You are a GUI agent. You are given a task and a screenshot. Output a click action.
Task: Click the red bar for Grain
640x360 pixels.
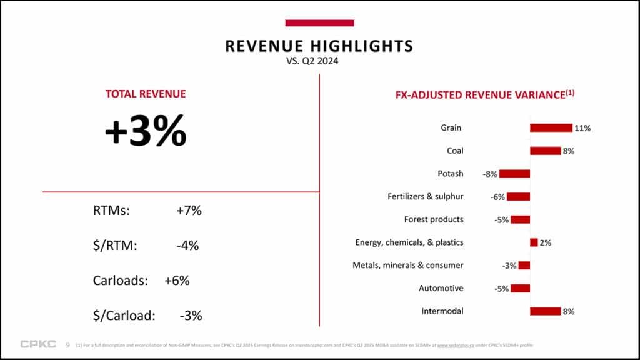551,127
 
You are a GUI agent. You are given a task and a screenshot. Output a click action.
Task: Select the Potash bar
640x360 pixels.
514,174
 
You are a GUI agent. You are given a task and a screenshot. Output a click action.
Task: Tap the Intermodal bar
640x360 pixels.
545,311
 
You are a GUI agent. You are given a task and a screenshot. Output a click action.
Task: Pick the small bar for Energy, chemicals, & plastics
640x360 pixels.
534,242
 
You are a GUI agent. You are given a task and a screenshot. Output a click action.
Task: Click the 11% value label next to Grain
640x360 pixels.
583,128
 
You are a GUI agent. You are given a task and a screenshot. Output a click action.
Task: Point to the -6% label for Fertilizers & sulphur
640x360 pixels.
498,197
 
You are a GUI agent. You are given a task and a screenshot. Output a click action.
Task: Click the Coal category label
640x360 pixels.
455,151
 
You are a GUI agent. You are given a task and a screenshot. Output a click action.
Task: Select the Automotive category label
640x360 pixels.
441,288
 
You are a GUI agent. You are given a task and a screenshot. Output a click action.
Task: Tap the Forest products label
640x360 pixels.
434,219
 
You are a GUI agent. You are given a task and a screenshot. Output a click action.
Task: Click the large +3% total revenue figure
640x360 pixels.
146,131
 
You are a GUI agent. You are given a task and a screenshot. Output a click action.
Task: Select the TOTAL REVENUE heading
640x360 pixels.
146,94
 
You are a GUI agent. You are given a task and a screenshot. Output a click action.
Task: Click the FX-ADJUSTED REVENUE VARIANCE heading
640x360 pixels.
485,95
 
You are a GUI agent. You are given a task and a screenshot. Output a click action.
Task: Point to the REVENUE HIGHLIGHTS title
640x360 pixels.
319,46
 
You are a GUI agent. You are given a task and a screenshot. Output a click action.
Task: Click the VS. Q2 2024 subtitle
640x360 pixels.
319,61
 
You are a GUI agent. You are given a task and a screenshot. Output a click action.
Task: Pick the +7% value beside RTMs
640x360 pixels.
189,211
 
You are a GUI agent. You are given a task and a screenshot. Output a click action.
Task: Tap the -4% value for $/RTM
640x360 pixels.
187,246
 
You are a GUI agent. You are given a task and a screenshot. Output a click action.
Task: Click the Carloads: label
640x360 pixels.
120,281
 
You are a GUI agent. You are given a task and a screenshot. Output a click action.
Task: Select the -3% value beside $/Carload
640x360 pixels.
191,316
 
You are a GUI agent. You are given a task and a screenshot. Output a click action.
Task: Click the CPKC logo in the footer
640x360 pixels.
38,344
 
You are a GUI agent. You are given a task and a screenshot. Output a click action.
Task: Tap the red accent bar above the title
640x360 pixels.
319,23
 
